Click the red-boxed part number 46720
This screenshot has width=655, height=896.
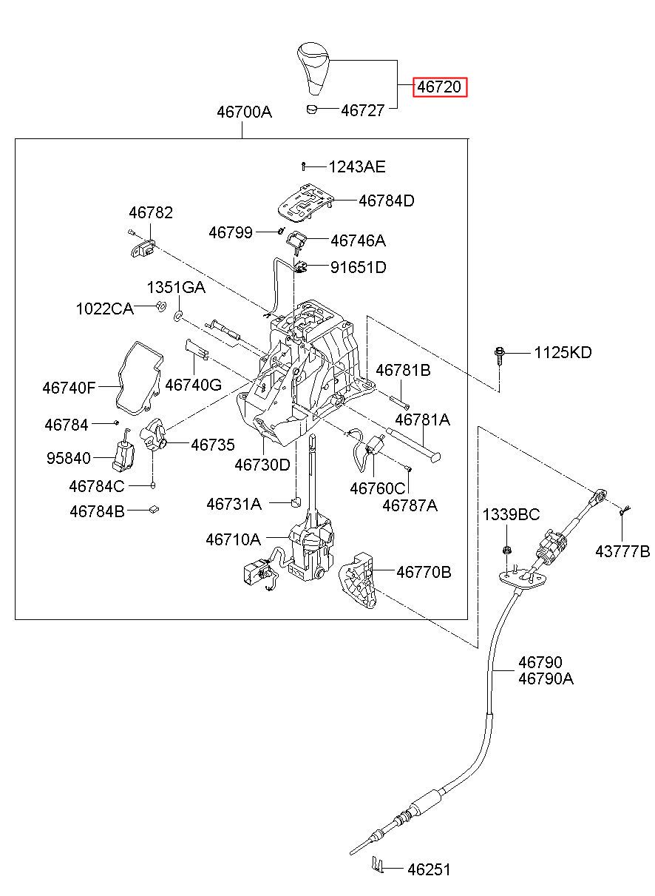click(440, 87)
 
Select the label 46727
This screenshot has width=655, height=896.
click(362, 110)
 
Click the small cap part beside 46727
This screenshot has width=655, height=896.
click(311, 109)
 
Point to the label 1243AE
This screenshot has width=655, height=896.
click(357, 166)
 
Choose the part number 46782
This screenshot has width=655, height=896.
click(151, 213)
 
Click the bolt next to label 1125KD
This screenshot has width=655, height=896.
click(499, 355)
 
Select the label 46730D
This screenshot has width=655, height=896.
click(262, 465)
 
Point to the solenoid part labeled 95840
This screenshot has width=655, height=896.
click(123, 450)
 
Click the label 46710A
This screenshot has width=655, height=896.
click(234, 539)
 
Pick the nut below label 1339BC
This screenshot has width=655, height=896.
click(506, 550)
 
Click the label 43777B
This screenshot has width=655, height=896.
click(622, 552)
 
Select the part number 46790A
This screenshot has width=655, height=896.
click(546, 678)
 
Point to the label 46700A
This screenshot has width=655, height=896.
click(244, 112)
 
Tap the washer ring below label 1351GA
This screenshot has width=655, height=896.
click(178, 316)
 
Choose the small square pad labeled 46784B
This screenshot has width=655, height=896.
click(154, 509)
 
